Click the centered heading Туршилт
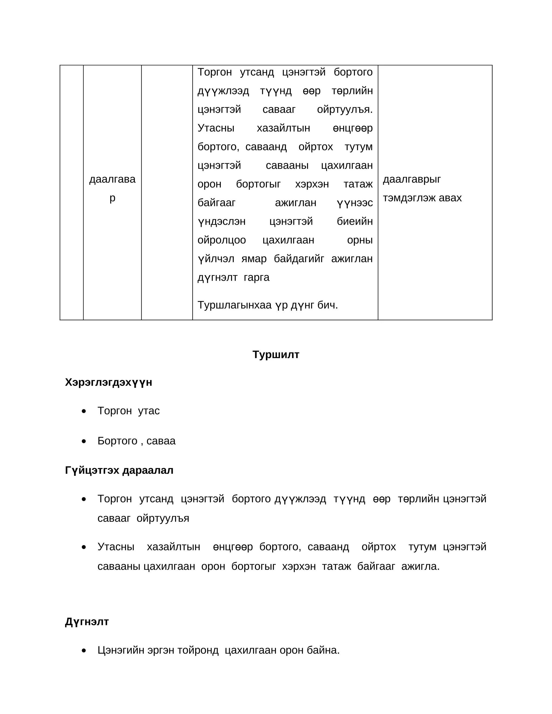(276, 355)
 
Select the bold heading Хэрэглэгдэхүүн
(108, 382)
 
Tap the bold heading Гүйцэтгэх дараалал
(119, 470)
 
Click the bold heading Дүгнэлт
(87, 622)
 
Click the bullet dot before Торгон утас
(84, 411)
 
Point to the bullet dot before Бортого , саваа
(84, 441)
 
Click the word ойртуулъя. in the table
(345, 109)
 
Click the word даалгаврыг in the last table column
(412, 179)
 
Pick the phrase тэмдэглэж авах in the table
(422, 198)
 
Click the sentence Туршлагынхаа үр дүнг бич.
(267, 305)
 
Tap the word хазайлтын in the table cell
(283, 128)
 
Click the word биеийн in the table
(354, 221)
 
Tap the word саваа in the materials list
(161, 441)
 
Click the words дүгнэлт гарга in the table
(233, 278)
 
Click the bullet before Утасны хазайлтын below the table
(84, 547)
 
